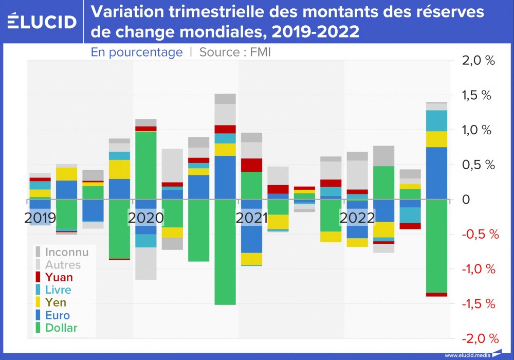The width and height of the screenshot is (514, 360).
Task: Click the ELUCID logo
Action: [x=42, y=21]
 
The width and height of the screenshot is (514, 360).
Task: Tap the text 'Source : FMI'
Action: [x=235, y=52]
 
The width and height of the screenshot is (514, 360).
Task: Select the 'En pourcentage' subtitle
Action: [x=137, y=52]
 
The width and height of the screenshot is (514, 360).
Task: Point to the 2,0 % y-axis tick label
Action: [x=478, y=61]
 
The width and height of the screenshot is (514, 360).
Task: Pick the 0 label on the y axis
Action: [x=466, y=200]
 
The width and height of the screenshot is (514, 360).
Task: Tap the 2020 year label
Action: [x=146, y=218]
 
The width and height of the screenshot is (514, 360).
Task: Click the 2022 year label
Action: [x=357, y=218]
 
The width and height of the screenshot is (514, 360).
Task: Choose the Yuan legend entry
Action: [x=54, y=277]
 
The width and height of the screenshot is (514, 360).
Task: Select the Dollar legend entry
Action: [x=57, y=328]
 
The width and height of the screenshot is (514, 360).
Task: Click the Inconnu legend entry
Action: [x=62, y=252]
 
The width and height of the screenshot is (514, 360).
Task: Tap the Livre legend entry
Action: [x=54, y=290]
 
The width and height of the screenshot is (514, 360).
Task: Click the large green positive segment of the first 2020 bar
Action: [x=146, y=165]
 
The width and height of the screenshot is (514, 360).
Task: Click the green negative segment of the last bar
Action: [x=436, y=246]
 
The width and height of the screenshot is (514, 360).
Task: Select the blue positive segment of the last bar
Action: [x=436, y=173]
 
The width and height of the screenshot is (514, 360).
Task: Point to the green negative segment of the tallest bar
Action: [x=225, y=252]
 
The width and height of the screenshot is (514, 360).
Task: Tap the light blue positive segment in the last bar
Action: [x=436, y=121]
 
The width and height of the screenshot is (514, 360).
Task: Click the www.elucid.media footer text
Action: [x=468, y=355]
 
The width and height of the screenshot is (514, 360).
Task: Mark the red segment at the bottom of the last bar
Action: [x=436, y=294]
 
